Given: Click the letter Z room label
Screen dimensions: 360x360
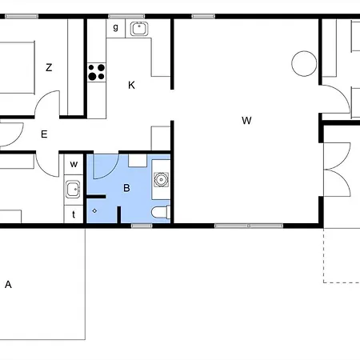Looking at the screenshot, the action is [49, 67].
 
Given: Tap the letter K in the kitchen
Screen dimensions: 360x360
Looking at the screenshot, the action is [131, 85].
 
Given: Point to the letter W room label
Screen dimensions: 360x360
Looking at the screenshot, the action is [246, 121].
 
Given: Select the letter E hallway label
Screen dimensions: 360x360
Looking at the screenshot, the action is [44, 134].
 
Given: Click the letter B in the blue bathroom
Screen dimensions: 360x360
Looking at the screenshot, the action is [126, 188].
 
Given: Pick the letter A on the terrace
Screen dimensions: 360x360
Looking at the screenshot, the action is [8, 285].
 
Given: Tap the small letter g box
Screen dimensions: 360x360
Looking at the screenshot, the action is [116, 28].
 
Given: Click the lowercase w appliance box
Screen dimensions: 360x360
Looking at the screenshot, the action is [74, 165].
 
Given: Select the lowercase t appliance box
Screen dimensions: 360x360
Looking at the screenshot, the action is [74, 214].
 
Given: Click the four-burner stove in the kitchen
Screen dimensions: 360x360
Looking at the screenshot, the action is [97, 72].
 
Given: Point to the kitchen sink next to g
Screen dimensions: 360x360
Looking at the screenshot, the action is [139, 29].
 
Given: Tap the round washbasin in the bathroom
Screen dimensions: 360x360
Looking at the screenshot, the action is [161, 179].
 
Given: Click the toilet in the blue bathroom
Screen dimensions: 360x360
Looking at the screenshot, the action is [161, 212].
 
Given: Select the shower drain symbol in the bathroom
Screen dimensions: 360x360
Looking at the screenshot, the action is [94, 211].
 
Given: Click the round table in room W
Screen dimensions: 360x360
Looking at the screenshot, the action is [304, 63].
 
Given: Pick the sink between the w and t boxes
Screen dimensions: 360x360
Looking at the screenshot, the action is [73, 190].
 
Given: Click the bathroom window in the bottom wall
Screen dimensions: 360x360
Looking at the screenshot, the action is [142, 226].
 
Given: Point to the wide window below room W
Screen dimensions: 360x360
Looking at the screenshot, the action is [249, 226].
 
